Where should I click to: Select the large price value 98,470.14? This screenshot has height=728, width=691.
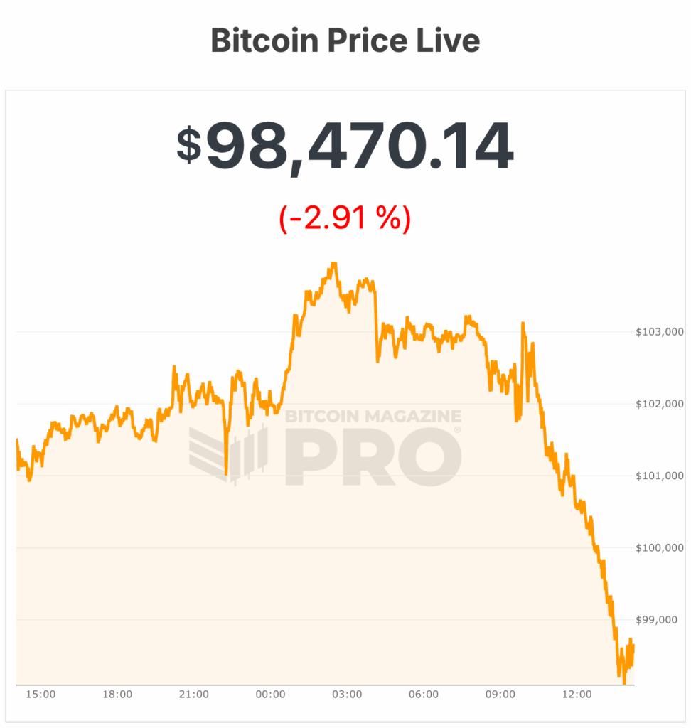tap(359, 147)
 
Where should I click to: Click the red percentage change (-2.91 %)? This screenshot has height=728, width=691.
tap(345, 218)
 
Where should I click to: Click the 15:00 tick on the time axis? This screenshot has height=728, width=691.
tap(41, 694)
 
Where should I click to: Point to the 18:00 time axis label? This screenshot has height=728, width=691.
tap(117, 694)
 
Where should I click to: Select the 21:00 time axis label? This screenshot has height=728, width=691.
tap(193, 694)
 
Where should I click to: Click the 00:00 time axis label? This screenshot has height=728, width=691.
tap(270, 694)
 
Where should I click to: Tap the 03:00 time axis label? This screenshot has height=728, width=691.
tap(347, 694)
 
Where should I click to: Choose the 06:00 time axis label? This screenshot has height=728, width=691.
tap(424, 694)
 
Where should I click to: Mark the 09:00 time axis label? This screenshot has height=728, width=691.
tap(500, 694)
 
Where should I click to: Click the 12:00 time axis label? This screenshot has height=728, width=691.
tap(577, 694)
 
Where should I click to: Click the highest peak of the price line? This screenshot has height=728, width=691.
tap(333, 264)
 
